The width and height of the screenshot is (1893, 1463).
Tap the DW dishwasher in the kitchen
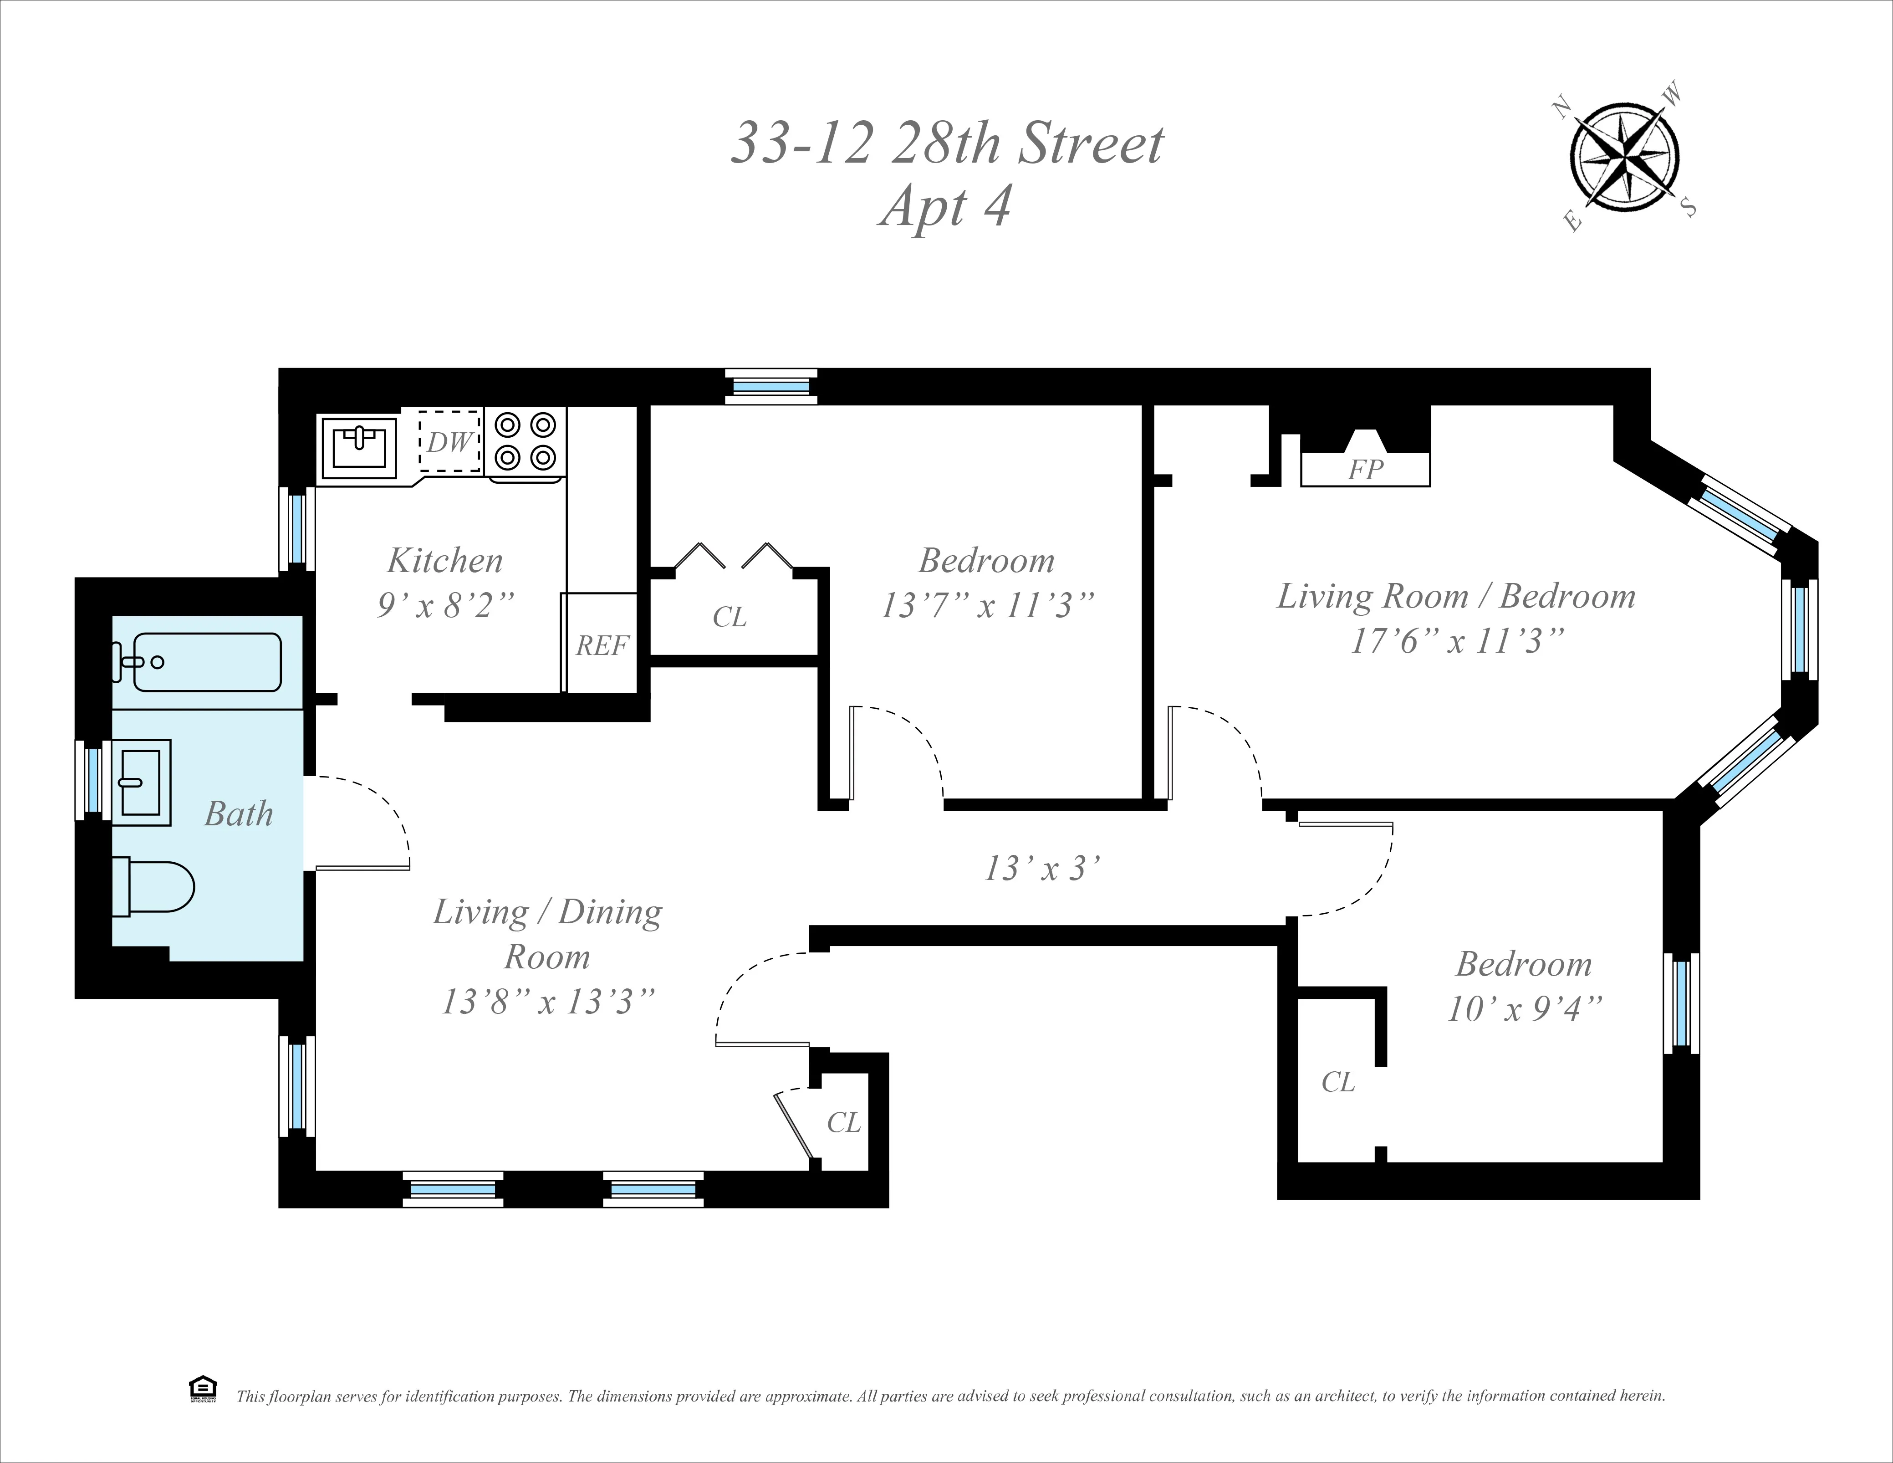[x=450, y=442]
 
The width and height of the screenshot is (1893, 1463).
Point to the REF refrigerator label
[x=602, y=646]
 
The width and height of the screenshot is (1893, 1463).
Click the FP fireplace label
[x=1365, y=470]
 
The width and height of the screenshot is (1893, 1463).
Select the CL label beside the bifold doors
[x=729, y=617]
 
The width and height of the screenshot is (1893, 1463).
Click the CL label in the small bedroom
[x=1337, y=1082]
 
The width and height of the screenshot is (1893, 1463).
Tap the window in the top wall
[x=770, y=387]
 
